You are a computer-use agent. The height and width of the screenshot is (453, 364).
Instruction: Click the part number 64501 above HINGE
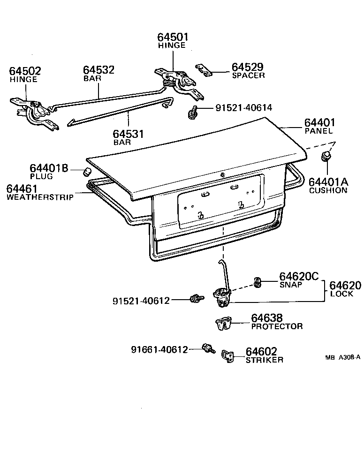coord(172,37)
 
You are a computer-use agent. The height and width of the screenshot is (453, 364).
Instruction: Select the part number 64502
coord(25,71)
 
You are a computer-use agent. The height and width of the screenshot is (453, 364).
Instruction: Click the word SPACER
coord(248,75)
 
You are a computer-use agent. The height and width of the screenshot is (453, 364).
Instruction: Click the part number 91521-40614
coord(243,108)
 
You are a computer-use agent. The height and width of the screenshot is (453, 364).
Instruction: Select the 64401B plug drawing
coord(86,171)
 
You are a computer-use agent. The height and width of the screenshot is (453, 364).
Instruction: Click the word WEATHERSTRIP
coord(40,197)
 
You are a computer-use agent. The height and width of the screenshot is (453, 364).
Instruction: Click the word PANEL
coord(318,131)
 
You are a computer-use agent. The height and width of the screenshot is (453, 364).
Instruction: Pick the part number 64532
coord(99,70)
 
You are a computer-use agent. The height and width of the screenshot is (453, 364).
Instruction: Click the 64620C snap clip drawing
coord(257,282)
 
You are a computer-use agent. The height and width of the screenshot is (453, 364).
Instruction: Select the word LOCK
coord(341,294)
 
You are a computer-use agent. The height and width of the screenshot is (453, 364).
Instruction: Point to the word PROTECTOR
coord(277,326)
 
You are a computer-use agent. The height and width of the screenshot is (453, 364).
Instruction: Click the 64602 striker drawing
coord(228,356)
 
